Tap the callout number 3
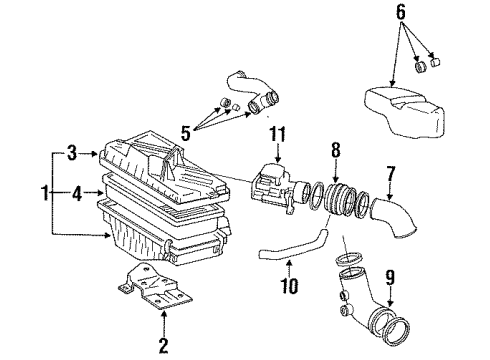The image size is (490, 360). tap(71, 152)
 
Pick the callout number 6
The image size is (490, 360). tap(401, 13)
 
